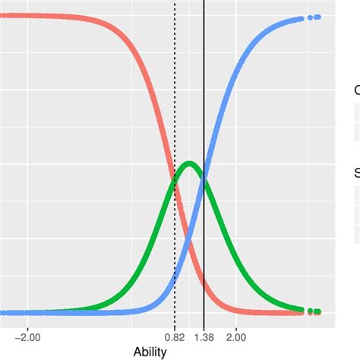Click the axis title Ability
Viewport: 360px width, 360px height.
click(150, 352)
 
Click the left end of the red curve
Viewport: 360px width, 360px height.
click(2, 14)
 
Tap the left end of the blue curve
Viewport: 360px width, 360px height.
click(2, 312)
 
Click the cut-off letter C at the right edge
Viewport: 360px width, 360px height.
click(357, 90)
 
